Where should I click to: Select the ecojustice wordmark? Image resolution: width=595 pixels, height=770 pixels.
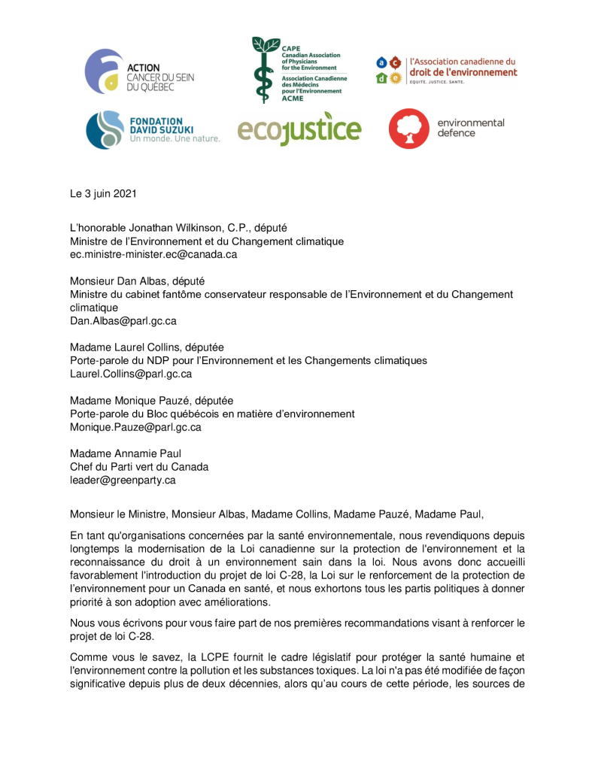click(299, 130)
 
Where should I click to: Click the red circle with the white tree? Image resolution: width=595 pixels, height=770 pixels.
click(408, 129)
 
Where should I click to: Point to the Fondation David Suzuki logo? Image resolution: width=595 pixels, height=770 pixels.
click(152, 129)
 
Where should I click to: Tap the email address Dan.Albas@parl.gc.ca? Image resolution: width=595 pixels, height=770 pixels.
click(123, 320)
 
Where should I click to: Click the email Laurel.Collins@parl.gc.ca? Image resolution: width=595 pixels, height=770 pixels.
click(131, 374)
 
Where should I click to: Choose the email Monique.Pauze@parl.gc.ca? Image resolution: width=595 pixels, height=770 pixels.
click(135, 427)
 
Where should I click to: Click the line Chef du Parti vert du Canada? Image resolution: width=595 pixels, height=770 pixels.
click(139, 466)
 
